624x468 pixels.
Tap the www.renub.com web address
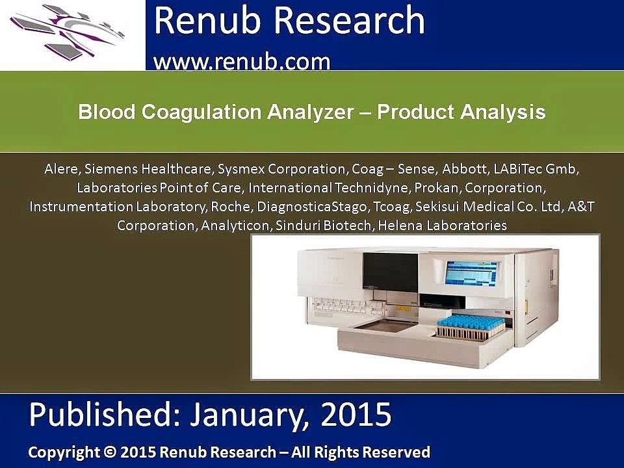[242, 62]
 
